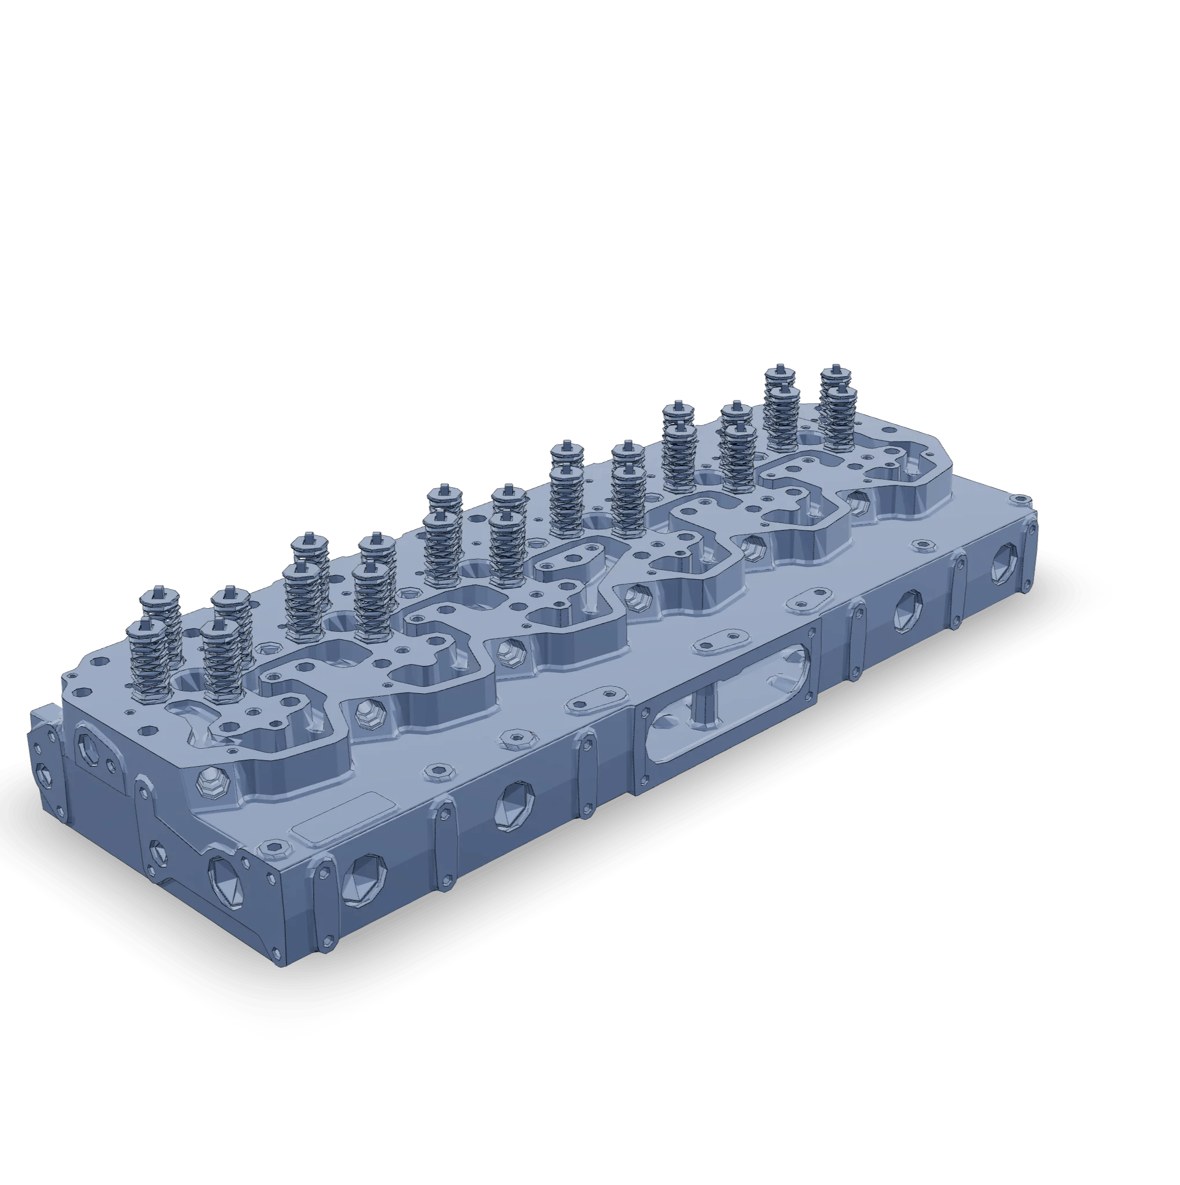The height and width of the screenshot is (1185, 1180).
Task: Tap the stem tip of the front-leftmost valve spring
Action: click(145, 624)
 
